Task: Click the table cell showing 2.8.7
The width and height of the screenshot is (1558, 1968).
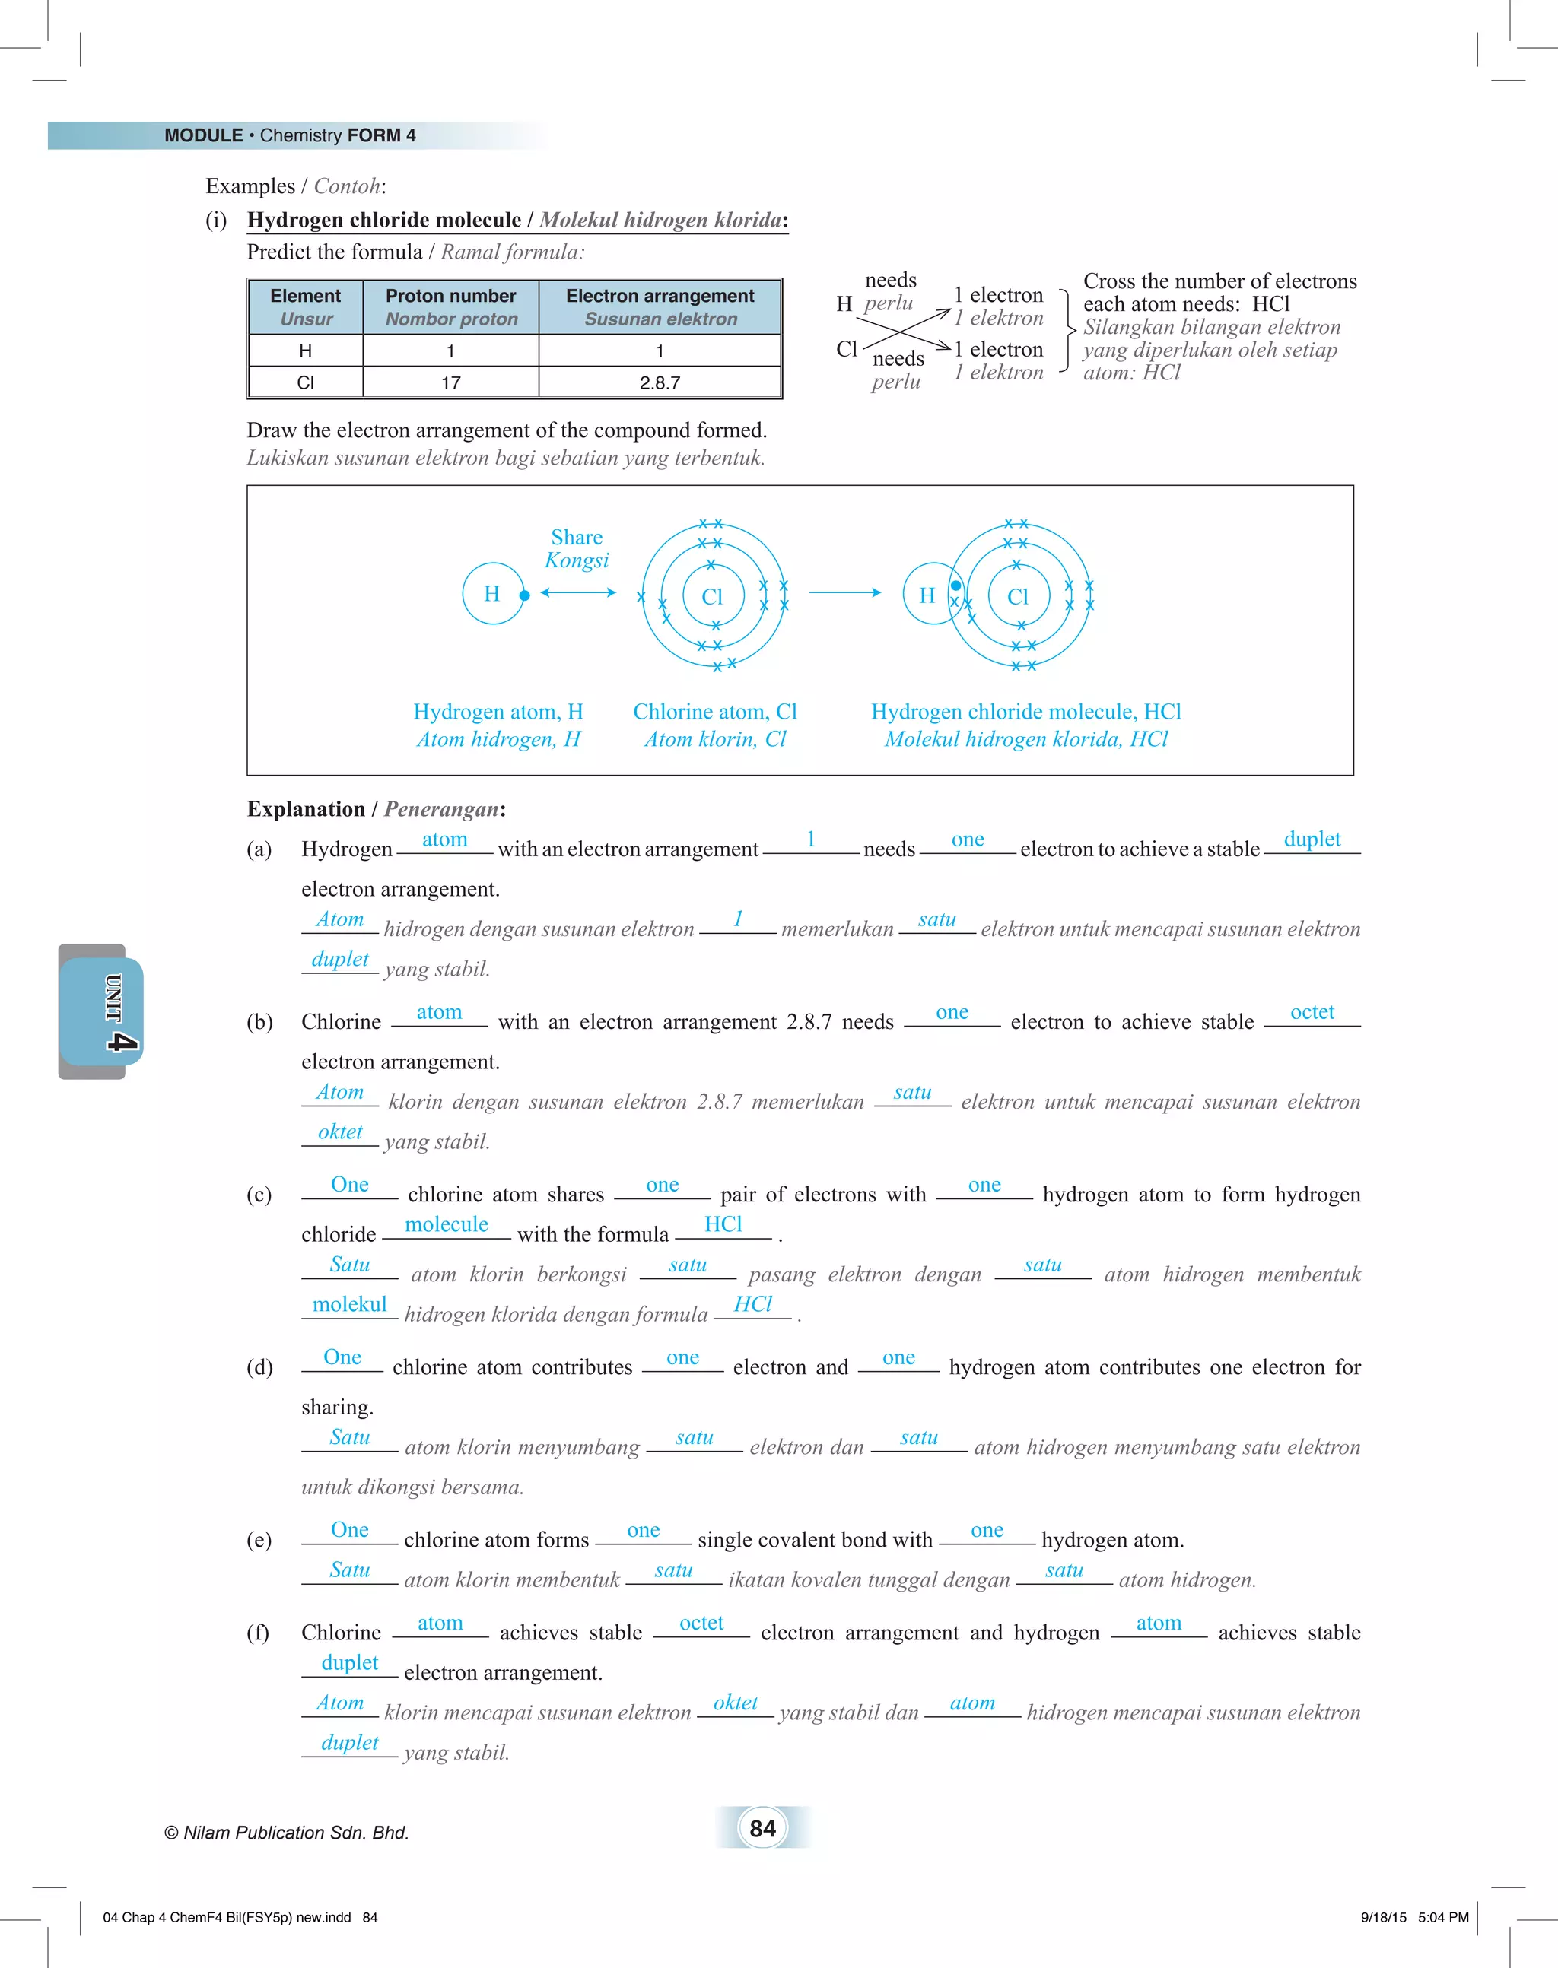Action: point(660,382)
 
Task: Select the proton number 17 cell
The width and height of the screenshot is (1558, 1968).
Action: point(450,382)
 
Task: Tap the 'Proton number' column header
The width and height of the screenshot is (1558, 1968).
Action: point(450,306)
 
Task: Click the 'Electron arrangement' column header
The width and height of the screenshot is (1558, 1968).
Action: point(660,306)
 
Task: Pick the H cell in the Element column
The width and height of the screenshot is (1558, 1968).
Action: point(306,351)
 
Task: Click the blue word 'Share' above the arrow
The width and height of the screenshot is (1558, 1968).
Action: point(577,537)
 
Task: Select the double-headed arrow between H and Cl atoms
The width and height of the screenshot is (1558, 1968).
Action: point(578,593)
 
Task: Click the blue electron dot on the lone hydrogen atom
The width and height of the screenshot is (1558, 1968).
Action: point(524,595)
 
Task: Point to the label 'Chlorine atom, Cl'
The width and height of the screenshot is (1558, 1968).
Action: point(714,711)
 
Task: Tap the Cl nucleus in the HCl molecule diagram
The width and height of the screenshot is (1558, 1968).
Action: point(1017,596)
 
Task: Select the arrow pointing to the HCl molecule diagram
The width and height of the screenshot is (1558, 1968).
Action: point(844,593)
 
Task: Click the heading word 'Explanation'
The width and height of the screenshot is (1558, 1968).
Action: point(306,809)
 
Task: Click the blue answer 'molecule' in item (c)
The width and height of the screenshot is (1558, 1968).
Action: point(446,1224)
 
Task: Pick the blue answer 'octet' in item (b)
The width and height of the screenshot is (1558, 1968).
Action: point(1312,1011)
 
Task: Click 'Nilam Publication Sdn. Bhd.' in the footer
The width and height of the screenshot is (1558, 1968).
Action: point(294,1832)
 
